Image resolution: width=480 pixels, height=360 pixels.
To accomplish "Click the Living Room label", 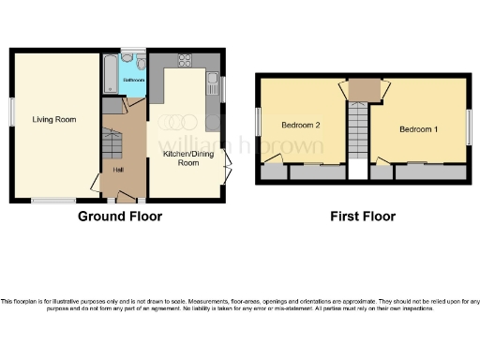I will [x=53, y=120].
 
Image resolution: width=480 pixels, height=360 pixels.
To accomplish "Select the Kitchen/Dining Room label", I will [x=182, y=157].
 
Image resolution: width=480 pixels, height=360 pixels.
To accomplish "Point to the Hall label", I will [x=118, y=170].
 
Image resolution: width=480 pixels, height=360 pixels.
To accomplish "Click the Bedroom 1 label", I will [x=417, y=128].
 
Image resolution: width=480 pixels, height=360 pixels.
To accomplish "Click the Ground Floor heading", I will [x=119, y=217].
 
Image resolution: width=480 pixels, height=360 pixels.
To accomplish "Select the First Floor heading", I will [x=362, y=217].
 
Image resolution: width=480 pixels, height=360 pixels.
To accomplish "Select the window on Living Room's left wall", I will [x=12, y=111].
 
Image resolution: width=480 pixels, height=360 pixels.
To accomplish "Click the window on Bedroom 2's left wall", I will [x=258, y=123].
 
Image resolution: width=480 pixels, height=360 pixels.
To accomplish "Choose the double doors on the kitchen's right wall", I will [x=228, y=173].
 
